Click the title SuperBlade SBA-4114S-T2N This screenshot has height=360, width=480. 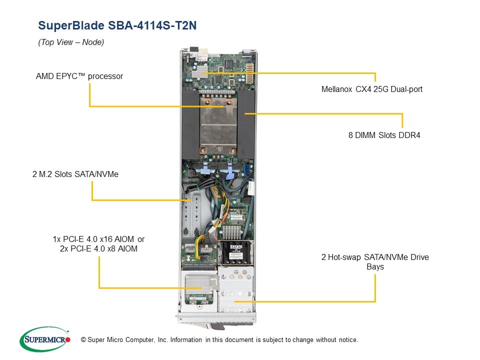117,26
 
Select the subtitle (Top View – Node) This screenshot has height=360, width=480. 71,42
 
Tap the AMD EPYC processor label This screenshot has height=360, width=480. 79,76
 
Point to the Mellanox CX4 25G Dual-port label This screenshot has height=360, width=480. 372,90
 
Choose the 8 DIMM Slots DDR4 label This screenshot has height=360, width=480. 384,135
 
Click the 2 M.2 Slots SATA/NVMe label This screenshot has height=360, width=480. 74,174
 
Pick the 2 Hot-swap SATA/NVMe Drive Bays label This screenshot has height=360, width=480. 374,262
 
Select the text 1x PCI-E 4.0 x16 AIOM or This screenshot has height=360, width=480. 98,239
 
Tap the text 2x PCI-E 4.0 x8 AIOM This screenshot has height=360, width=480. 98,248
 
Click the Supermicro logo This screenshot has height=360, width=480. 45,339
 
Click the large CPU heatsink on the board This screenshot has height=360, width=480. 218,125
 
